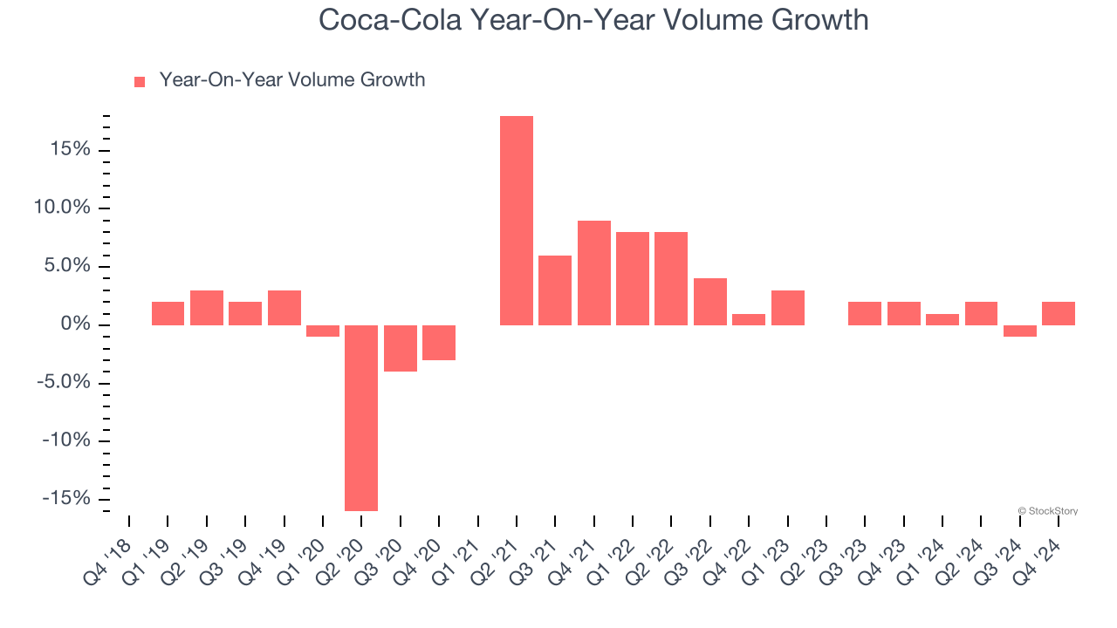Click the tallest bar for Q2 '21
[516, 221]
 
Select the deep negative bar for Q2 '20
[361, 418]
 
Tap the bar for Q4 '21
[593, 273]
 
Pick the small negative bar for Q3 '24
[1019, 331]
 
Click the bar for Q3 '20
[400, 348]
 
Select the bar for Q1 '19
[168, 313]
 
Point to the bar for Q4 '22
[749, 319]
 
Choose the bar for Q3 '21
[555, 290]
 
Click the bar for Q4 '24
[1058, 313]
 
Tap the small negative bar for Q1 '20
[323, 331]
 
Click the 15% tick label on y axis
[70, 150]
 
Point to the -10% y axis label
[65, 440]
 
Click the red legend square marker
[140, 82]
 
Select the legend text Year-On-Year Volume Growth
[291, 80]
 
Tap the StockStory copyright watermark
[1047, 511]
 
